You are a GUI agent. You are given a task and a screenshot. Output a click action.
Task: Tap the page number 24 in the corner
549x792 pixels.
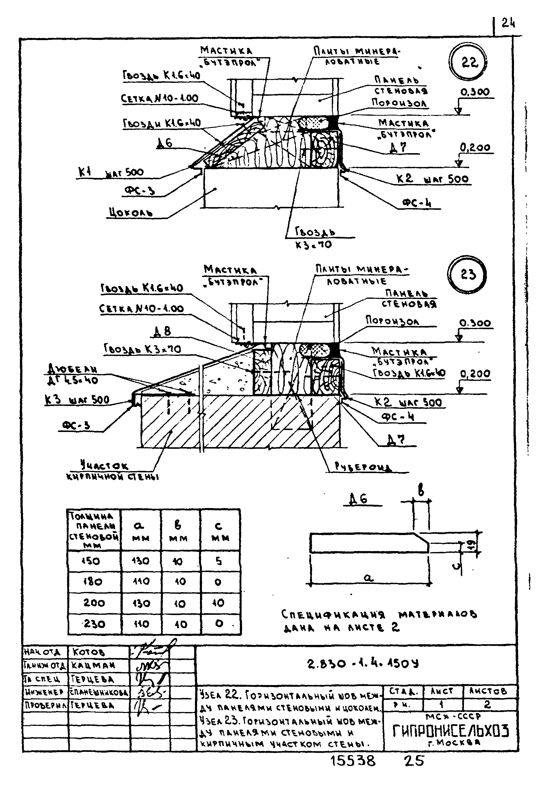tap(508, 23)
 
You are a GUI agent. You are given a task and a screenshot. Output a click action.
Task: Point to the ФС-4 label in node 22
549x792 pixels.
tap(417, 203)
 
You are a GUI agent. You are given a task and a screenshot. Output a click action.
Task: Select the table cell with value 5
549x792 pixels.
tap(218, 561)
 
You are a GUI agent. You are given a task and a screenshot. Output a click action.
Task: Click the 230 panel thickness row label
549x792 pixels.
tap(94, 624)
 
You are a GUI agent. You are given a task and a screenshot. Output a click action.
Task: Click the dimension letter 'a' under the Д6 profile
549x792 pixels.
tap(368, 578)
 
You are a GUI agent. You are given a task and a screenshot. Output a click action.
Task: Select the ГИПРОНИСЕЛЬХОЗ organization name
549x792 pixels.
tap(450, 730)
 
